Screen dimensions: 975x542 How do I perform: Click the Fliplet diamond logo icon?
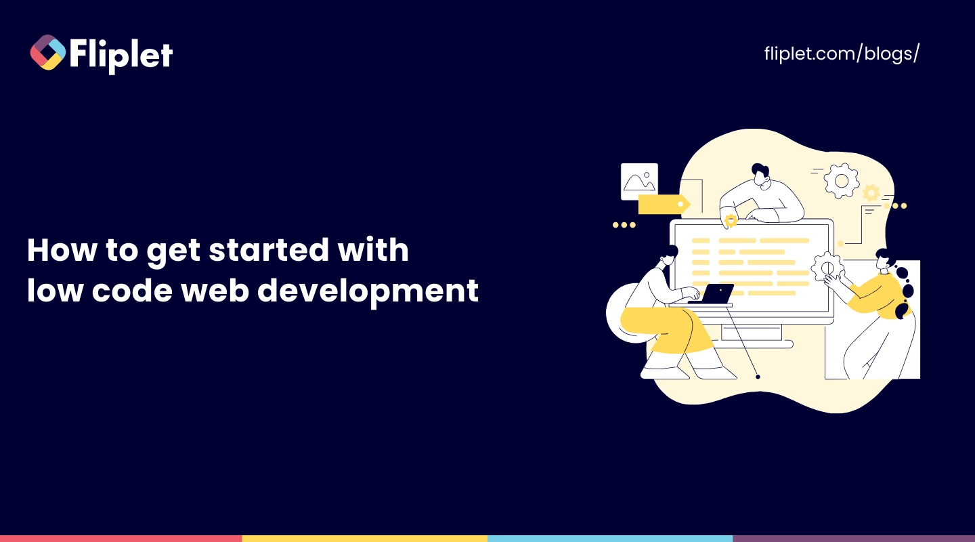(x=48, y=52)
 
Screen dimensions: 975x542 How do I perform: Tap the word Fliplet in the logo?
(x=121, y=56)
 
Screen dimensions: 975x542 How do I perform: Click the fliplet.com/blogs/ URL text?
(x=842, y=54)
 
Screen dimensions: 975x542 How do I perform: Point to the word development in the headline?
(x=368, y=291)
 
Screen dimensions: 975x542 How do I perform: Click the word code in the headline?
(x=132, y=290)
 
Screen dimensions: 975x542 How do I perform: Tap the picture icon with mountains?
(x=639, y=182)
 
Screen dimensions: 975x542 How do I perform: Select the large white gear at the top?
(x=842, y=181)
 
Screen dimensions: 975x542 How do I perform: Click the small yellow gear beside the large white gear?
(x=871, y=193)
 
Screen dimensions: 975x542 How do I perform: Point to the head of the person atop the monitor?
(x=760, y=174)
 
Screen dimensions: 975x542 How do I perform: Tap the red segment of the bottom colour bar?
(x=121, y=539)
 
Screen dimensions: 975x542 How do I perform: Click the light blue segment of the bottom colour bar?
(x=610, y=539)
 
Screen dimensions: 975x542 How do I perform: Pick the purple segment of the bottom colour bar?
(x=854, y=539)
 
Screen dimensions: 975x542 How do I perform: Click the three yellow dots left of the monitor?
(x=624, y=225)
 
